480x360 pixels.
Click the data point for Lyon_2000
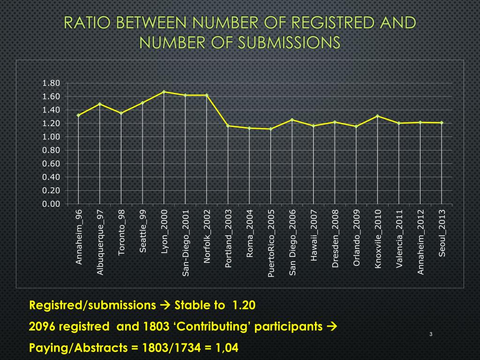pos(164,92)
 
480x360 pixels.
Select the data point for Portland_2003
pos(228,126)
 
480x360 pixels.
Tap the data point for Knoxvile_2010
pos(377,116)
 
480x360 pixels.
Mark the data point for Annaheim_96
pos(79,115)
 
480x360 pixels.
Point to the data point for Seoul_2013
pos(442,123)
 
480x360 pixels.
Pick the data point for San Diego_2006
pos(292,120)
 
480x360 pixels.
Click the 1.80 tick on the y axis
pos(51,83)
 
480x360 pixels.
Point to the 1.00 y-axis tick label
pos(51,137)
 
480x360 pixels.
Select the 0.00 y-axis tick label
pos(51,204)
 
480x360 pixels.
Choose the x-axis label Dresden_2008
pos(335,239)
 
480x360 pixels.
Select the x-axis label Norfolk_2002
pos(207,237)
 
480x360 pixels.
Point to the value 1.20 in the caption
pos(243,306)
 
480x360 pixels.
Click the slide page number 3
pos(430,334)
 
